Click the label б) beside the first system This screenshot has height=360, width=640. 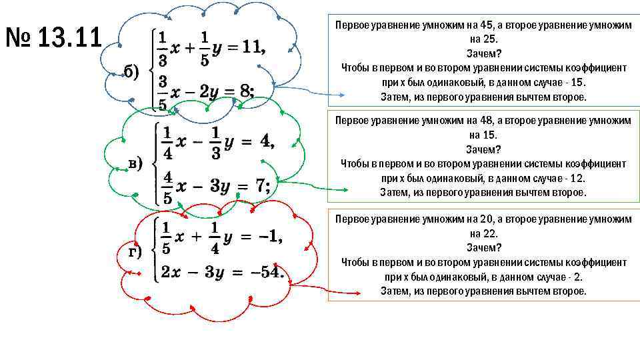point(131,73)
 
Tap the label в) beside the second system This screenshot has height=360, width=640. point(135,163)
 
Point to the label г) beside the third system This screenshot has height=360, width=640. point(135,251)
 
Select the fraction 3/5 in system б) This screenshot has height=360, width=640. point(161,91)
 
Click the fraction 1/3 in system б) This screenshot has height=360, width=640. point(161,47)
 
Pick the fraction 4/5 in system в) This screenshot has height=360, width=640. point(167,187)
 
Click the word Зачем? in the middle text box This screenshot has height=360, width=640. point(483,149)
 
